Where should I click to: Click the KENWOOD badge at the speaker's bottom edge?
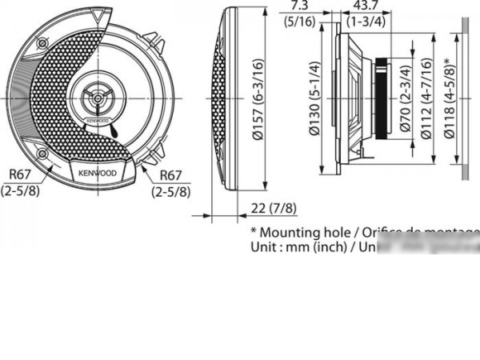[96, 171]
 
